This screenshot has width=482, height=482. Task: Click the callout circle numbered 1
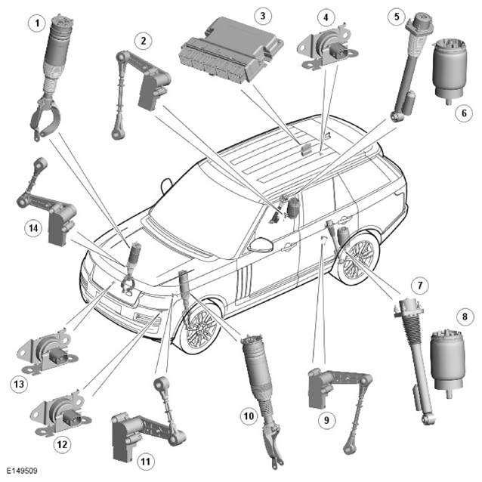click(x=37, y=23)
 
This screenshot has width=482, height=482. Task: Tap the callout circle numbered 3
click(x=263, y=15)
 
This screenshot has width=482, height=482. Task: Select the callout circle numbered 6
click(x=464, y=113)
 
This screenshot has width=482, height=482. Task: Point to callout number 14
click(x=33, y=228)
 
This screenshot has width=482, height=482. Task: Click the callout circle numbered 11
click(x=146, y=462)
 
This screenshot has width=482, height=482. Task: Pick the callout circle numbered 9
click(x=326, y=420)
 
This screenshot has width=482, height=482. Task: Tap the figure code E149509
click(x=22, y=471)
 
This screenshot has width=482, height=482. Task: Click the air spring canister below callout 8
click(x=447, y=364)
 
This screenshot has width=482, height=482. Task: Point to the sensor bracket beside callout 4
click(x=328, y=47)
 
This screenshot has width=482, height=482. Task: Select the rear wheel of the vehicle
click(x=359, y=254)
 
